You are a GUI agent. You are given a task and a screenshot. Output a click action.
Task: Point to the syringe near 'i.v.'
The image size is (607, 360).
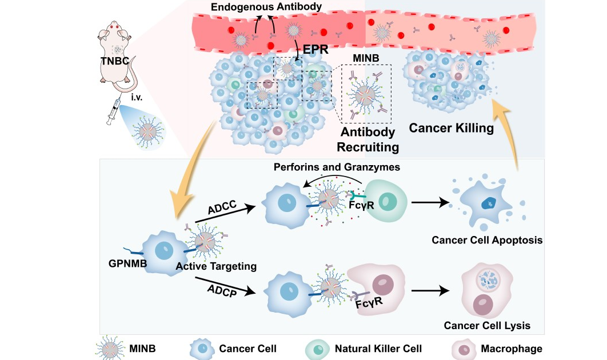114,110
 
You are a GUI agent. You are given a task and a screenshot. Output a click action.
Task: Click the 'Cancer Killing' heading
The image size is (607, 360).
451,127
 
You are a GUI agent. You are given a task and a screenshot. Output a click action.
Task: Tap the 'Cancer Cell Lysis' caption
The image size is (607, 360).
488,325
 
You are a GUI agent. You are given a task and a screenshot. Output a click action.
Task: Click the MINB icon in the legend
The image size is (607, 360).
110,348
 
